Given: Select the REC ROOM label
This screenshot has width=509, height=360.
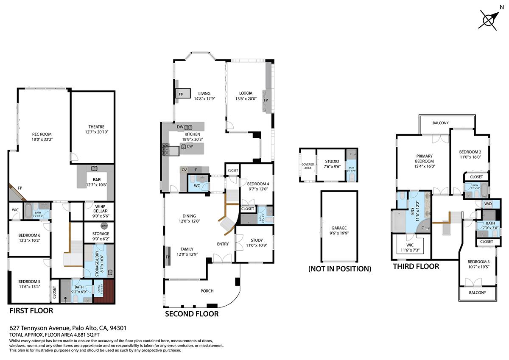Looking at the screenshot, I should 42,137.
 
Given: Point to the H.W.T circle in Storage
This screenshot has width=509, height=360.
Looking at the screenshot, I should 104,226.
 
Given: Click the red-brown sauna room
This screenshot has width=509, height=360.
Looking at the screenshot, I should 104,291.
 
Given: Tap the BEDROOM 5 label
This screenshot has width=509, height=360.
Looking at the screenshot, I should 29,284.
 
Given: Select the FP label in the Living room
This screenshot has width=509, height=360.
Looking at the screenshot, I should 180,95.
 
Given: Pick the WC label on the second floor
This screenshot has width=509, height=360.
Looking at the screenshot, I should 196,186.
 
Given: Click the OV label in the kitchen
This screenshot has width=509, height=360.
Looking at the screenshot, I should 184,170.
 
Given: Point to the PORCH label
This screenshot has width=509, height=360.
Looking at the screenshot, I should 207,291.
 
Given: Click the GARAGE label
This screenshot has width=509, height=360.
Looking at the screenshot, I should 339,228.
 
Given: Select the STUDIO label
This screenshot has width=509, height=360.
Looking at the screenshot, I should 332,161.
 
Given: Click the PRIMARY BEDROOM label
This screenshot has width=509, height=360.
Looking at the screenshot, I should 424,159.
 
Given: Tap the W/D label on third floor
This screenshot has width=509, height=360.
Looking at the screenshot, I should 488,204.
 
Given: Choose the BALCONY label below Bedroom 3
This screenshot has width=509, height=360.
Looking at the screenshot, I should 477,293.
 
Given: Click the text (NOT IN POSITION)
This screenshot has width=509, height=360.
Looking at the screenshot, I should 339,268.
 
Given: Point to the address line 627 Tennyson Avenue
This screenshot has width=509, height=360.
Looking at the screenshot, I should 68,328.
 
